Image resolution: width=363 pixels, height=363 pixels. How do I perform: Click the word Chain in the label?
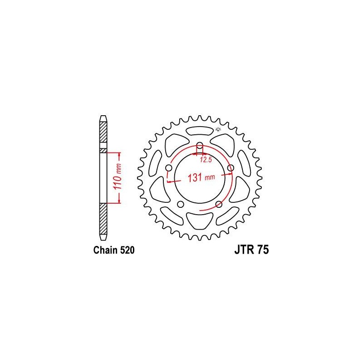105,250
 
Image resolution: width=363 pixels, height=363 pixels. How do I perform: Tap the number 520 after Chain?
127,250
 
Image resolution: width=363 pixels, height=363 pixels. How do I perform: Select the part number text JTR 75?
252,250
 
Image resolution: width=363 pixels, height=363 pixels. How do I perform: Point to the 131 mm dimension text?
201,177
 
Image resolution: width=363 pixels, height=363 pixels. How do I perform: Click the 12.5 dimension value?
206,160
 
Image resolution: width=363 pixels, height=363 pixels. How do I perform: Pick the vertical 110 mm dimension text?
118,177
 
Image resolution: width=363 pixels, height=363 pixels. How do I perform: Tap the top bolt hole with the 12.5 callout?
200,146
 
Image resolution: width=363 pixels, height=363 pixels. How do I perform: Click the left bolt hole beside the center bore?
169,167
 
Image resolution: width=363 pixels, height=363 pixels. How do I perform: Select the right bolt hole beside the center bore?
231,168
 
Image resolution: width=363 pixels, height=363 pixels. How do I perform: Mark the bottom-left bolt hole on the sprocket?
181,204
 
